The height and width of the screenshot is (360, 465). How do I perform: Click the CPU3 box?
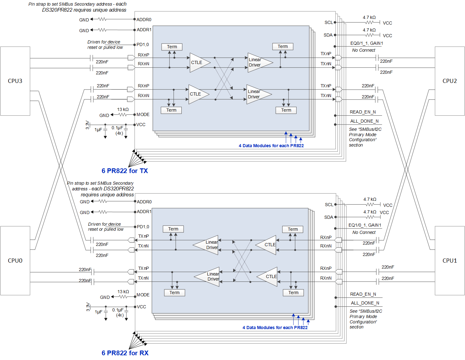pyautogui.click(x=15, y=81)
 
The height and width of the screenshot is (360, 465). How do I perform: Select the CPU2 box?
pyautogui.click(x=450, y=81)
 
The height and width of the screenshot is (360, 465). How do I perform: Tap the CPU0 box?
pyautogui.click(x=15, y=261)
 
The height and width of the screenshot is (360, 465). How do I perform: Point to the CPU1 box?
pyautogui.click(x=450, y=261)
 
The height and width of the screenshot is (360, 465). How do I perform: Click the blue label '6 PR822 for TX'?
pyautogui.click(x=125, y=171)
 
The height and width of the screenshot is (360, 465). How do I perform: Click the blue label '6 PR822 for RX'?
pyautogui.click(x=125, y=353)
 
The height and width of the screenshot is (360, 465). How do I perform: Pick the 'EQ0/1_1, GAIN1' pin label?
pyautogui.click(x=367, y=44)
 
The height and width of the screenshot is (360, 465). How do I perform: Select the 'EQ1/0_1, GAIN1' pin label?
pyautogui.click(x=365, y=225)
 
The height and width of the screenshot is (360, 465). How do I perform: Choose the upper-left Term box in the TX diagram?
pyautogui.click(x=172, y=47)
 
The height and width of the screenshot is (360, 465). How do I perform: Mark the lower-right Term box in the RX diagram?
pyautogui.click(x=293, y=293)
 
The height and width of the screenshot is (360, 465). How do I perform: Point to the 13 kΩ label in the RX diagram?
pyautogui.click(x=123, y=292)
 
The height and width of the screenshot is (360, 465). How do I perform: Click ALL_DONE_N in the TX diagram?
pyautogui.click(x=364, y=121)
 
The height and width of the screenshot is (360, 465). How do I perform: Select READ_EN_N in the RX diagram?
pyautogui.click(x=363, y=294)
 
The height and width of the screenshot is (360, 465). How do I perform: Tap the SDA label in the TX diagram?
pyautogui.click(x=328, y=35)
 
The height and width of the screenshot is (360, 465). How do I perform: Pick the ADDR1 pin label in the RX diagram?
pyautogui.click(x=144, y=212)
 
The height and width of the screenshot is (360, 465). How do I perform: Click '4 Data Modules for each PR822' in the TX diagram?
pyautogui.click(x=271, y=146)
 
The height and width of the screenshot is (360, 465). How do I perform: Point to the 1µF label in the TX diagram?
pyautogui.click(x=98, y=130)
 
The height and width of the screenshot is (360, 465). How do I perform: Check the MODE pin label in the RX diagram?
pyautogui.click(x=143, y=295)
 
